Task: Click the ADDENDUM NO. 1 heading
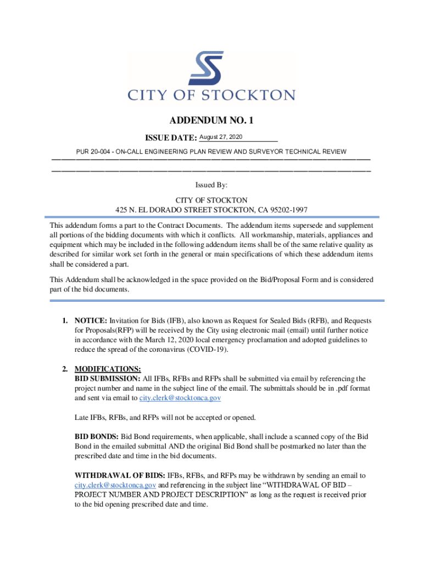211,120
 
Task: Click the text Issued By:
211,186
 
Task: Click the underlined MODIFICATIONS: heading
108,369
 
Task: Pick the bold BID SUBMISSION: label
108,379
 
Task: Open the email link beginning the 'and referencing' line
115,486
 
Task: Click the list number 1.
65,321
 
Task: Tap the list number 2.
65,369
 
